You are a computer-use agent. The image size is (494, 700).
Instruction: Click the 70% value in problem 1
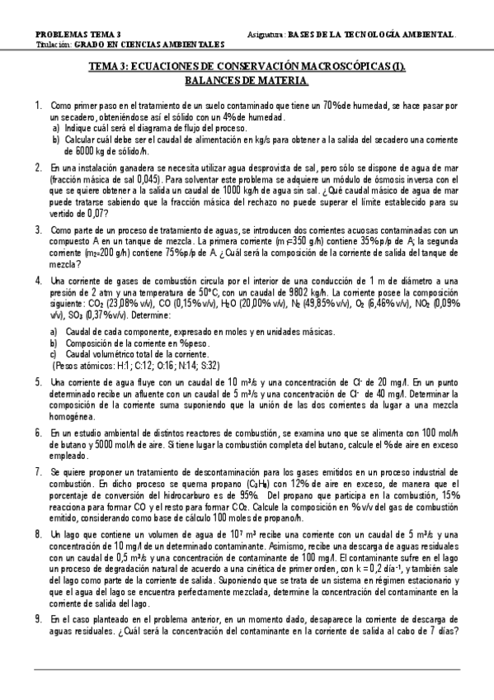[334, 106]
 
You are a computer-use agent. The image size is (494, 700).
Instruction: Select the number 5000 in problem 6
[85, 445]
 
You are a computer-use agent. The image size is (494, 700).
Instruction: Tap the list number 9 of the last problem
[38, 618]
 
